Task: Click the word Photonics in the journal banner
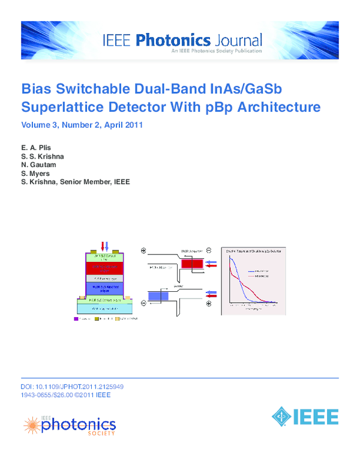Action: click(173, 41)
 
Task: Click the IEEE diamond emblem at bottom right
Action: click(282, 416)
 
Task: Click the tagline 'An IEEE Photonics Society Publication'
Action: click(216, 51)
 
